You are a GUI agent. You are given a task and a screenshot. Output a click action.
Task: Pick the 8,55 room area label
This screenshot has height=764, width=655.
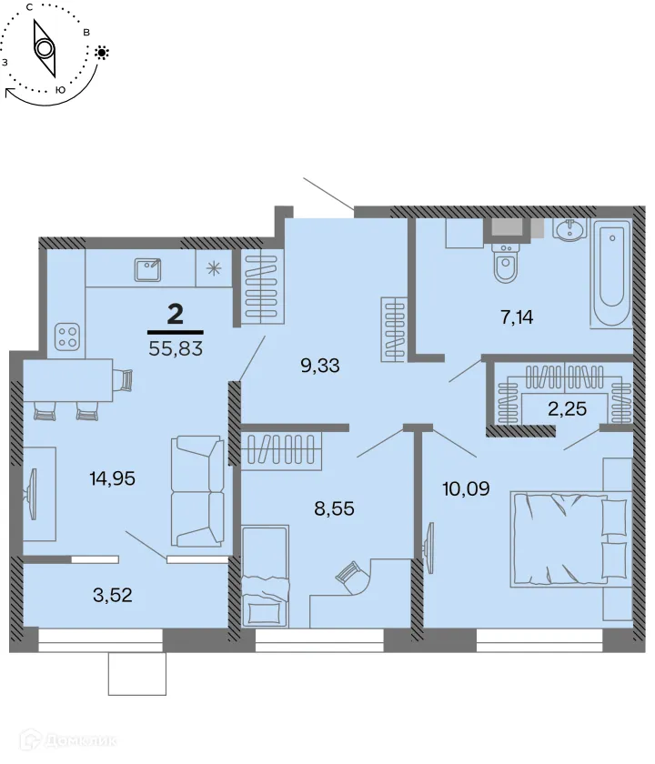(334, 508)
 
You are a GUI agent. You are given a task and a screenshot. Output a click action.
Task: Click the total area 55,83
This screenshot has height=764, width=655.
(175, 347)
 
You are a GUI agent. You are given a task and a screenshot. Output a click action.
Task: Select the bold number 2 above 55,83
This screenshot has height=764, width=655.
(176, 316)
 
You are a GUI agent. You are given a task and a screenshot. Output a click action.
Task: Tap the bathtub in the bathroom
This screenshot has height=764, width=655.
(610, 273)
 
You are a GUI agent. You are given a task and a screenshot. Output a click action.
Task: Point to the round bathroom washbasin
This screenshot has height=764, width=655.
(570, 231)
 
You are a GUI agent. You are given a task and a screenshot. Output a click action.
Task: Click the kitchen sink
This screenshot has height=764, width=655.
(147, 268)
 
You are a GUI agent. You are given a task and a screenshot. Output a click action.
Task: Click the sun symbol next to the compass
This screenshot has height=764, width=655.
(102, 53)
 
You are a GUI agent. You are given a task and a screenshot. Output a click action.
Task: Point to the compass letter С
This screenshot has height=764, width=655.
(31, 7)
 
